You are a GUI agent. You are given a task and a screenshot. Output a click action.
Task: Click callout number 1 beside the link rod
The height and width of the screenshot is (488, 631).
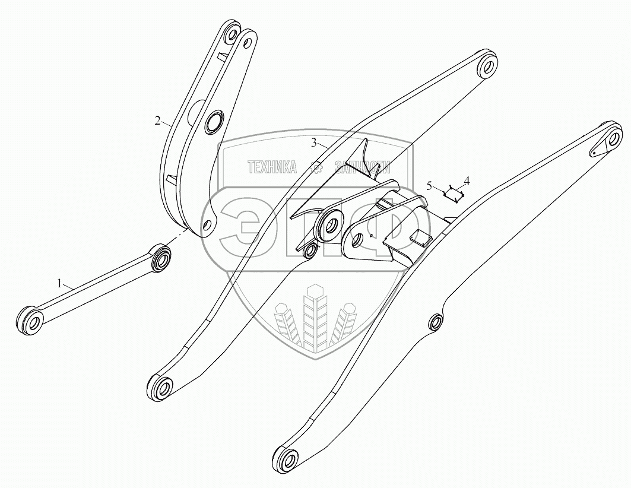(59, 284)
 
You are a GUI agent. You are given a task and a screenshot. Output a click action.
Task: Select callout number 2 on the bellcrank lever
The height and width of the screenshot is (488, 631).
(157, 121)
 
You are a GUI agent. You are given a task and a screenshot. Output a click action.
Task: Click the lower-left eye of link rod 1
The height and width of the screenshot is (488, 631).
(32, 322)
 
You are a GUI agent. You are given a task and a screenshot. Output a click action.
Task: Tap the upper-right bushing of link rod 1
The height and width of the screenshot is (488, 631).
(161, 258)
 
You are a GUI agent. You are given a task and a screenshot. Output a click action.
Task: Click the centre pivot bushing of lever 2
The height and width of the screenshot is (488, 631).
(212, 123)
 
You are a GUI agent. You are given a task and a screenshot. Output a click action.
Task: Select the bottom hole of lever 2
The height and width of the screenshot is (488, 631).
(207, 226)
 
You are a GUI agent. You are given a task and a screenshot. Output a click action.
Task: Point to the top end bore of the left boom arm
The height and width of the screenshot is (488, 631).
(488, 65)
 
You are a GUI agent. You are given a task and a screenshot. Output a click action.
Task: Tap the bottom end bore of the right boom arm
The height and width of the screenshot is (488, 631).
(288, 460)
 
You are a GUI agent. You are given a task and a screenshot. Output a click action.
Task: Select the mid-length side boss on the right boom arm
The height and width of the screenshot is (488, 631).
(436, 323)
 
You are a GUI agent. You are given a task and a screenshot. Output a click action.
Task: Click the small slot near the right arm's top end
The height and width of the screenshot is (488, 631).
(593, 152)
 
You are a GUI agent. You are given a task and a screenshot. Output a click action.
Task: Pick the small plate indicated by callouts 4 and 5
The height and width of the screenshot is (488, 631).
(455, 192)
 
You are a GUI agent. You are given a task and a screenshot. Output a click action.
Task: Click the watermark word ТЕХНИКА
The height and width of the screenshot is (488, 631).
(271, 167)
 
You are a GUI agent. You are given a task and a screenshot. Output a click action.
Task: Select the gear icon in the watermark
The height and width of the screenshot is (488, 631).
(319, 168)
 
